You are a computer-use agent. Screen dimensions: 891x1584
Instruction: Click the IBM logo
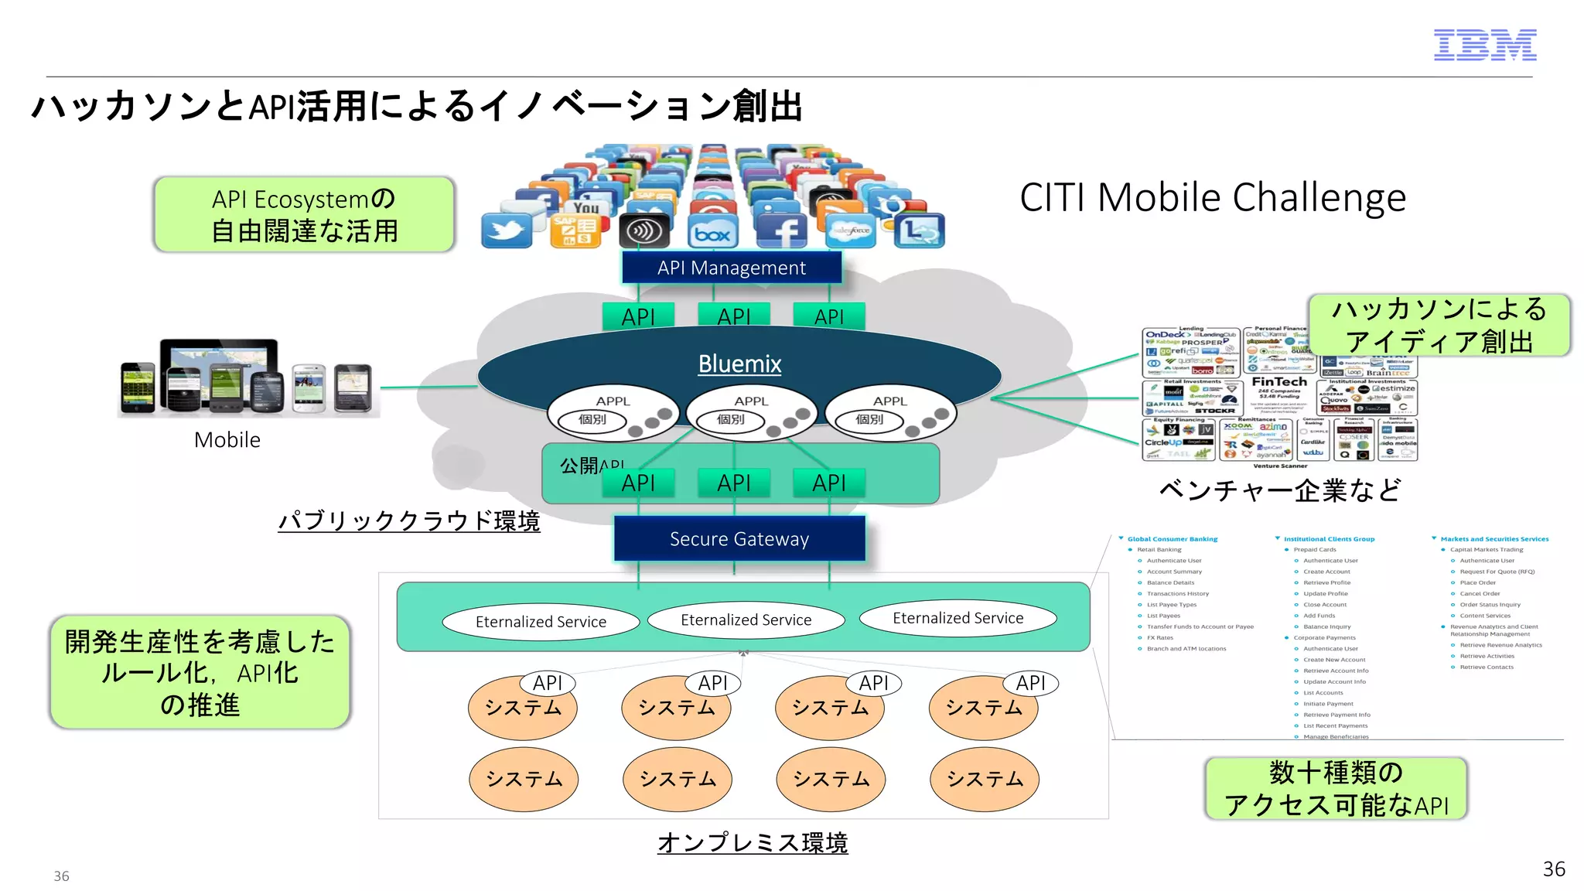click(1484, 45)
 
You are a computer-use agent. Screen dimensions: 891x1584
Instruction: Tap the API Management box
click(731, 268)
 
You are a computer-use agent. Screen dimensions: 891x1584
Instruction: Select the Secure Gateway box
click(739, 538)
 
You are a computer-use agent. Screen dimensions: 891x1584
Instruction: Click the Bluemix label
click(739, 364)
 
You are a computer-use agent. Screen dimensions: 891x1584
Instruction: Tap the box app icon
click(712, 233)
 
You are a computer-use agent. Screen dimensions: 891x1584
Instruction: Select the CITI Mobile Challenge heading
click(1212, 198)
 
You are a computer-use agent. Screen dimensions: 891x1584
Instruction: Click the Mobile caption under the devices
click(227, 439)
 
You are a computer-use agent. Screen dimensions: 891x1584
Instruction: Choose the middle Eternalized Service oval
click(746, 620)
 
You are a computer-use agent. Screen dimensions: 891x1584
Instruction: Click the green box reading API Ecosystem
click(304, 214)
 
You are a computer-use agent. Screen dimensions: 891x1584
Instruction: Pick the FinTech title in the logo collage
click(1278, 382)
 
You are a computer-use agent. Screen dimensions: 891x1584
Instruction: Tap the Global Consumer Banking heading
click(1172, 539)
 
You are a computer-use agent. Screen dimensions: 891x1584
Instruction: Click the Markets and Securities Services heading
click(1494, 539)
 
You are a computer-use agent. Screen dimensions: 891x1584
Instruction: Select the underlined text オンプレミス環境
click(752, 842)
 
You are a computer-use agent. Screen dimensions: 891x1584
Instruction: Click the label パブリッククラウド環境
click(408, 521)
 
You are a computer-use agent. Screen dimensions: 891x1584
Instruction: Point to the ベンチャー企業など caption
click(1279, 490)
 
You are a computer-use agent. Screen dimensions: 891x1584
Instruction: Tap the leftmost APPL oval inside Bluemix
click(613, 411)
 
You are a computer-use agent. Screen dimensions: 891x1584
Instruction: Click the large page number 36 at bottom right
click(1553, 869)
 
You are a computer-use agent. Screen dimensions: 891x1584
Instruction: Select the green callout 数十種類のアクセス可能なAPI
click(1336, 788)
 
